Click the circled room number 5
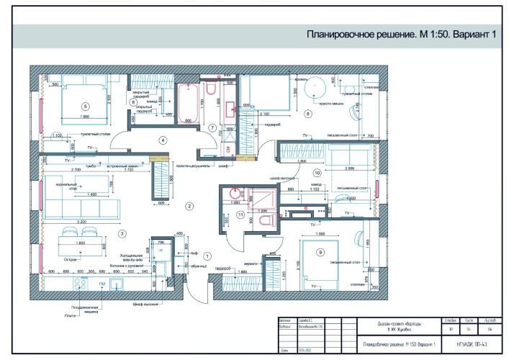click(x=85, y=106)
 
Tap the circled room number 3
click(x=123, y=233)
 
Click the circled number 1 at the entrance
click(x=207, y=256)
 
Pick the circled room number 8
click(x=308, y=114)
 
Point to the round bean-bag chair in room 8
click(x=315, y=88)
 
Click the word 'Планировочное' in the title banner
click(x=336, y=35)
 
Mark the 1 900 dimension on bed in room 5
click(x=85, y=117)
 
